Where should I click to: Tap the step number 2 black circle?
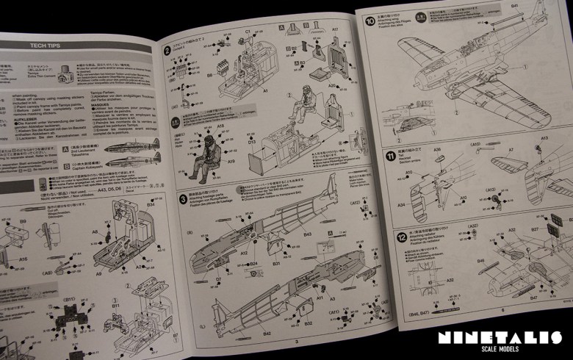coord(167,50)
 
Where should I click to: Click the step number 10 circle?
coord(370,21)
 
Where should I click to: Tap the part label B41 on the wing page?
coord(515,6)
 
